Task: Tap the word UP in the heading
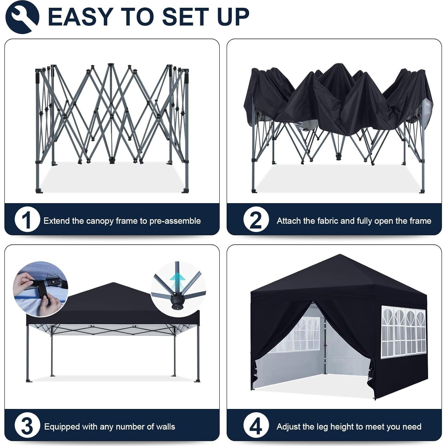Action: click(233, 17)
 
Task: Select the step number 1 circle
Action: click(27, 220)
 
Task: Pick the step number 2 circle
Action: click(256, 220)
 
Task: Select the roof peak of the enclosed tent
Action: click(340, 256)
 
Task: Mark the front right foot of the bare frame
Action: click(185, 191)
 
